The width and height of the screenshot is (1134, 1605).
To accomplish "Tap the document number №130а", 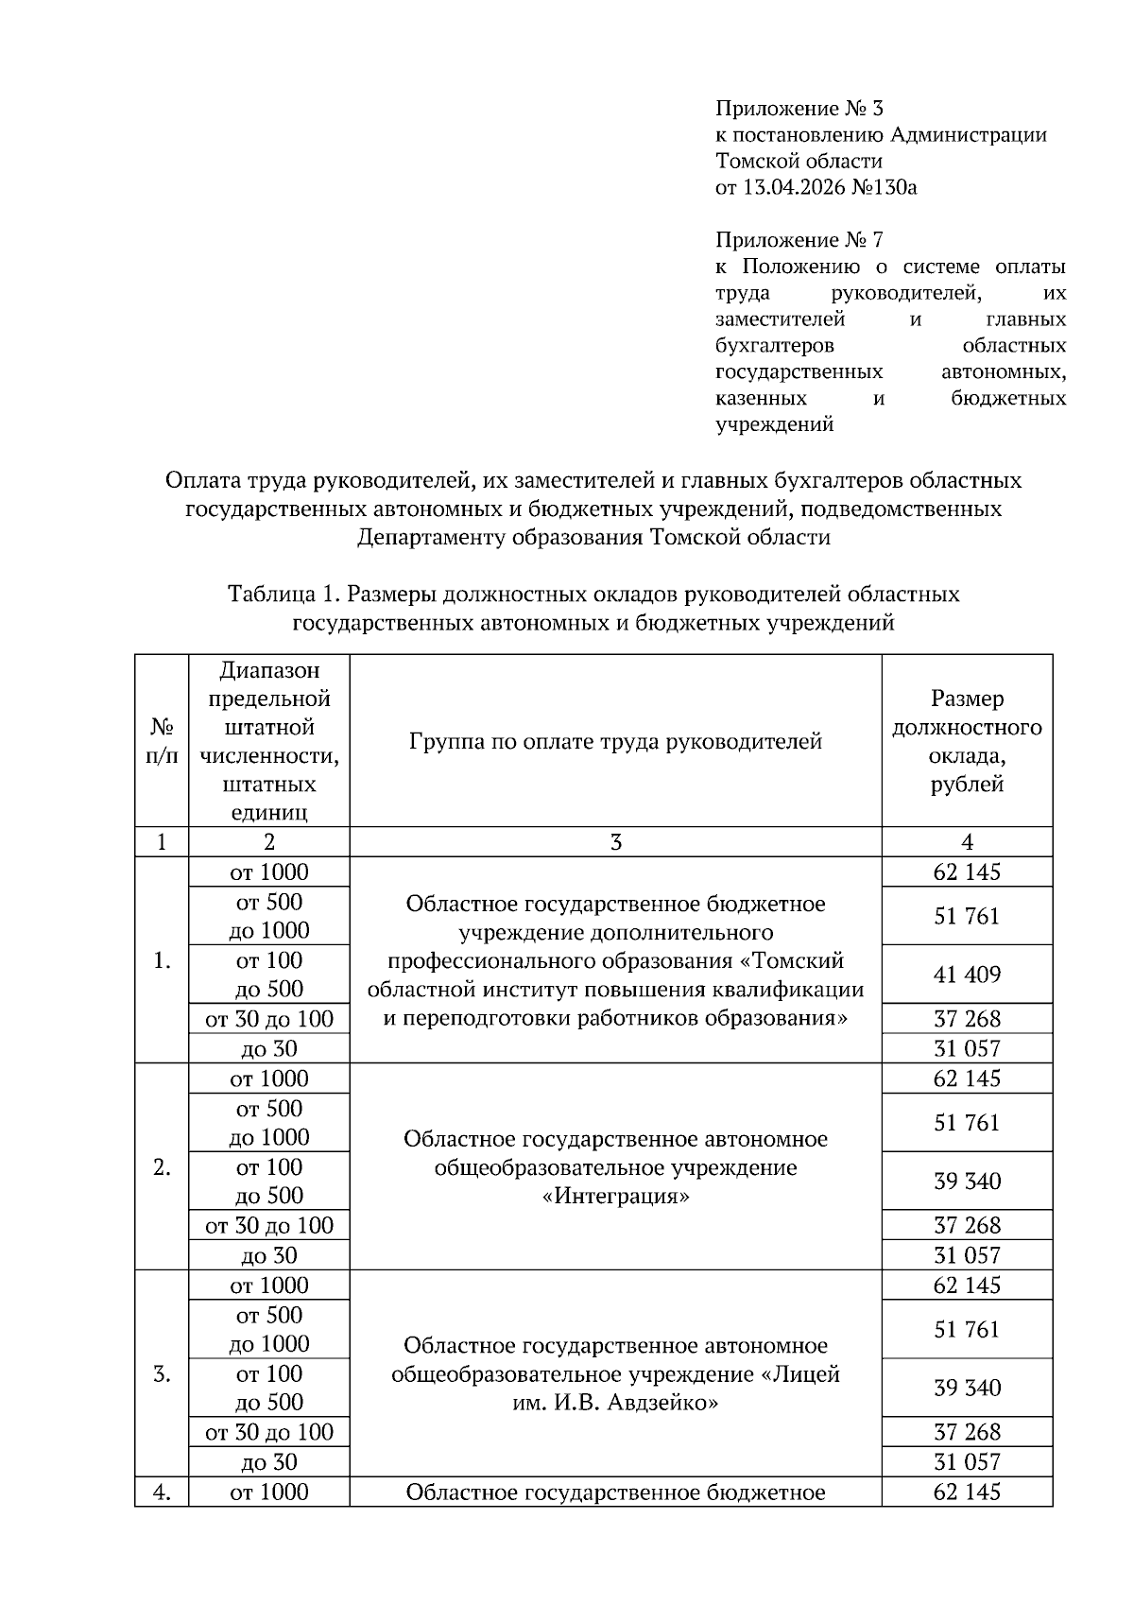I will [x=885, y=187].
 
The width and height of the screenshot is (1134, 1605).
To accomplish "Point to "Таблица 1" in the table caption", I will [x=283, y=595].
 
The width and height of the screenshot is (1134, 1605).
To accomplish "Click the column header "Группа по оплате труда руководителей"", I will [x=615, y=742].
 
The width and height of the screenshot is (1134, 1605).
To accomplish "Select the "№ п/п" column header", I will [x=162, y=742].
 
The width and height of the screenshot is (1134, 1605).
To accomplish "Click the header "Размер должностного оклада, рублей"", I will [x=967, y=742].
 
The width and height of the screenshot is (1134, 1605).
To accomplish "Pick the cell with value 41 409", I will [x=967, y=975].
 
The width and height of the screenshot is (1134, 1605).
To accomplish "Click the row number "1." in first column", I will [x=162, y=961].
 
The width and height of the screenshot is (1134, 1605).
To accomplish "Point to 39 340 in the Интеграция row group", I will [x=967, y=1182].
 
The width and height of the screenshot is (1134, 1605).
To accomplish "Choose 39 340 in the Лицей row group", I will [x=967, y=1388].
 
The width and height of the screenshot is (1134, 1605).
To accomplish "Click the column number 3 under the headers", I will [x=615, y=842].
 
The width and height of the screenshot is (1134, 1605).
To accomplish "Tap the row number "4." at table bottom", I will [x=162, y=1493].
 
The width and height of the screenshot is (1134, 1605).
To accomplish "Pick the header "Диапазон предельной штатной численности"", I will [x=269, y=742].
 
